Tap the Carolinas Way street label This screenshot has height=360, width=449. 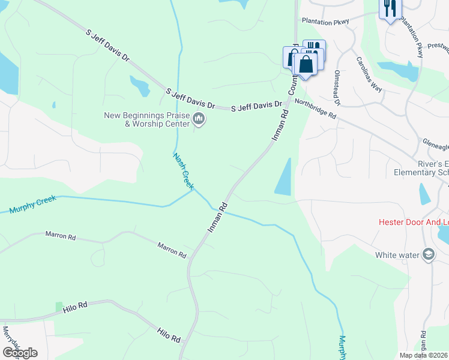(x=368, y=74)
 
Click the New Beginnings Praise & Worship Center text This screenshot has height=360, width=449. (x=147, y=119)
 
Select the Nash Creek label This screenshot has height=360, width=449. (x=183, y=172)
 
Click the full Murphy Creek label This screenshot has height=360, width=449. (x=32, y=205)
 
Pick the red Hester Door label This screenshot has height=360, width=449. (x=414, y=222)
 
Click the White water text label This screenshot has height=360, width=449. (x=397, y=255)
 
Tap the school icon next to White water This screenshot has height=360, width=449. (x=429, y=255)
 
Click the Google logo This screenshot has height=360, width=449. (x=20, y=352)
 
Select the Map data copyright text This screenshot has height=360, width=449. (x=424, y=355)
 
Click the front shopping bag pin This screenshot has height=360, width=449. (x=306, y=65)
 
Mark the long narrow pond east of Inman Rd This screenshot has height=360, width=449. (x=284, y=177)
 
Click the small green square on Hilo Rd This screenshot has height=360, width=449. (x=59, y=307)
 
